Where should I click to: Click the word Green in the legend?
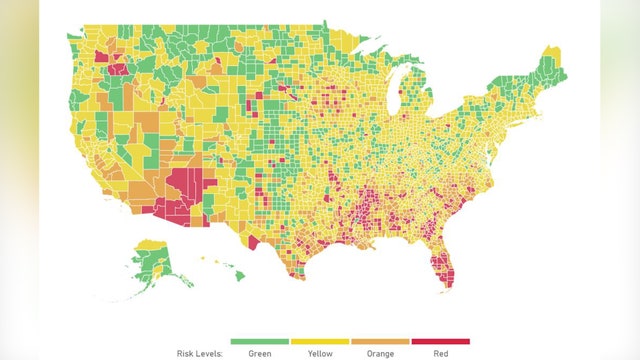point(259,352)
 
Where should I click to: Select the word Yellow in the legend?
point(319,352)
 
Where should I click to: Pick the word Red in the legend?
point(439,352)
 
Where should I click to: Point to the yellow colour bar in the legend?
point(319,341)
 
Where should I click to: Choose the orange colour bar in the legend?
point(379,341)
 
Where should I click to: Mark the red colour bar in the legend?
point(439,341)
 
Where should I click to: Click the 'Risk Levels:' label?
point(193,352)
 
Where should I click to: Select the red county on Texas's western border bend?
point(250,243)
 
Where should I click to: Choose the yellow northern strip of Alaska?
point(150,244)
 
